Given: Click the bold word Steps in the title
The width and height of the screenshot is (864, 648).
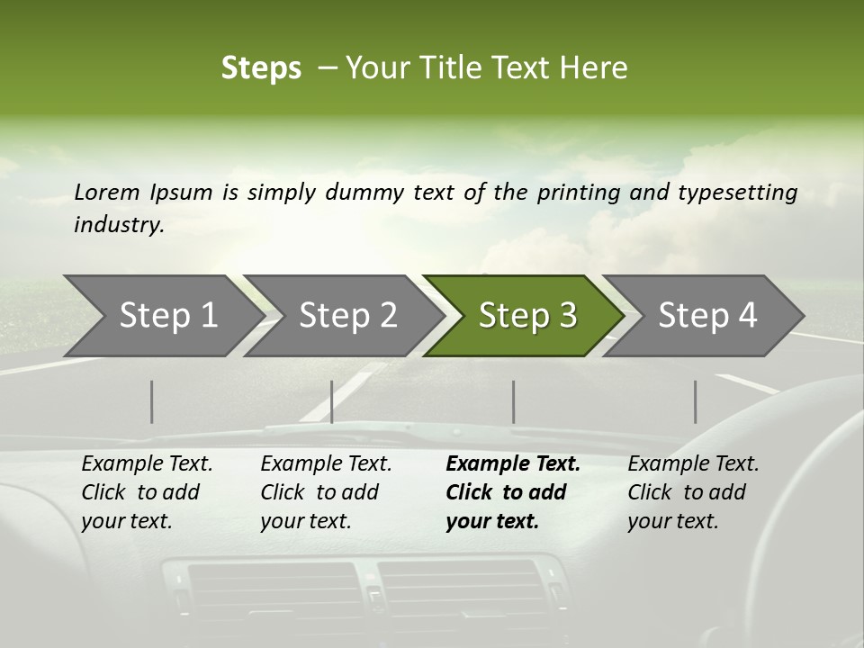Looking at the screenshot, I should [261, 68].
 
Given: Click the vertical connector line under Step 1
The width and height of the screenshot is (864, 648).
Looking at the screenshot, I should [152, 401].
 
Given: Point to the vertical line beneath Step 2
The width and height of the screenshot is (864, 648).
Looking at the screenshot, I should [332, 401].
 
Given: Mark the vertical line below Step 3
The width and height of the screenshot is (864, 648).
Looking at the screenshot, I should [513, 401].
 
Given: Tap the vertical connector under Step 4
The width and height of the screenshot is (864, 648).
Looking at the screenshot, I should [696, 401].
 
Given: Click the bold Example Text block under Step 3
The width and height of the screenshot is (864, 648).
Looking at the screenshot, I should [512, 492].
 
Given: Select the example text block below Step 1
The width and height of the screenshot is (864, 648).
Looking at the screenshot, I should [147, 492].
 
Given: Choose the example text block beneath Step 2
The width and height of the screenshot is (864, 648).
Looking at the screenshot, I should [326, 492].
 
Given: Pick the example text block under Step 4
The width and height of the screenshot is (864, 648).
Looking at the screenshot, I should [693, 492].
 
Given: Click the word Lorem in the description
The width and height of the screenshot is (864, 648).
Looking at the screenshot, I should [107, 192].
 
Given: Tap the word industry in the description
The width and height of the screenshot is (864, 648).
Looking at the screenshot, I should [118, 225].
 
